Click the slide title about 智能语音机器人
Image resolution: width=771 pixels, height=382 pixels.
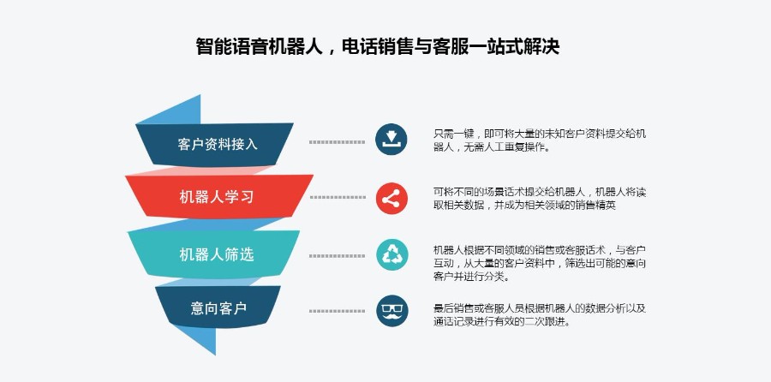click(x=378, y=47)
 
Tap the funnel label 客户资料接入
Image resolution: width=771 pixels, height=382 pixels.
click(x=218, y=144)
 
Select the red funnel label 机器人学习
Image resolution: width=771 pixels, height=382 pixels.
click(x=217, y=197)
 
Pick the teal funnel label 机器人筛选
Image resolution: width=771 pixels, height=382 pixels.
click(x=217, y=254)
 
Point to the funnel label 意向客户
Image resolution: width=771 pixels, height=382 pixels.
click(x=218, y=308)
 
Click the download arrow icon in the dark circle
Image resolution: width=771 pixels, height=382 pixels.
click(x=391, y=139)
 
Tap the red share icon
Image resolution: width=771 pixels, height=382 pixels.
click(x=391, y=198)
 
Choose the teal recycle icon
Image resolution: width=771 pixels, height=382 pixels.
click(x=391, y=254)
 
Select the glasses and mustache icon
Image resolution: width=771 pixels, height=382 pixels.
click(x=391, y=311)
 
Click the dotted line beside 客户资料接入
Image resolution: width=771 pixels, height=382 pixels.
click(x=337, y=142)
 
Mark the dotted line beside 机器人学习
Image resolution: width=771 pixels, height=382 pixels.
click(x=338, y=197)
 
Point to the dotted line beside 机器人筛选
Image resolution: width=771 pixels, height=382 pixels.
click(x=337, y=255)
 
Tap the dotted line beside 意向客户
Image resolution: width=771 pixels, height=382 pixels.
click(x=337, y=311)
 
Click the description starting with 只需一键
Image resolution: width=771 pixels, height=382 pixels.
click(x=540, y=140)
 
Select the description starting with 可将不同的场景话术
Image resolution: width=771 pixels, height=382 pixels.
click(x=540, y=199)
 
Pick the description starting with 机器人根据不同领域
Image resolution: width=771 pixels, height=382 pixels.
click(x=540, y=263)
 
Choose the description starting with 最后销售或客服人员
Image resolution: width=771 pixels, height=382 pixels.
click(x=540, y=315)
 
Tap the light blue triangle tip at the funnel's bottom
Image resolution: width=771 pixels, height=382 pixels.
click(x=215, y=354)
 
